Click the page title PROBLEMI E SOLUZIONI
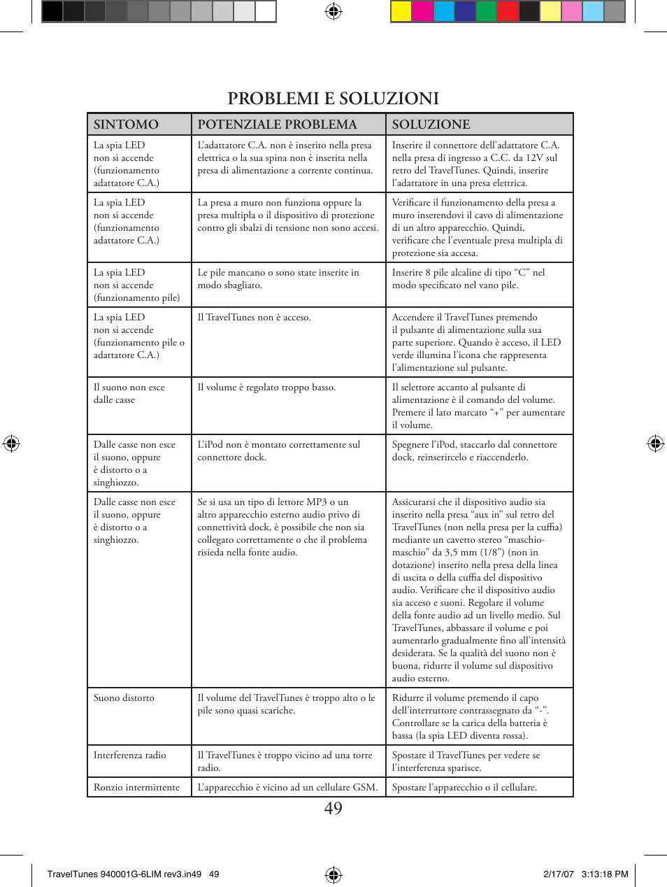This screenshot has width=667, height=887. coord(333,98)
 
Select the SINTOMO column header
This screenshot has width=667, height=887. coord(127,125)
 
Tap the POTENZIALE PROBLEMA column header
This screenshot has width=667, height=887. coord(277,125)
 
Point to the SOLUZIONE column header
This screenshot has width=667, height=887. coord(431,125)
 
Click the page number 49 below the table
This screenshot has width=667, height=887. coord(333,809)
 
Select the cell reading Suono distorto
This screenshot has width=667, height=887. coord(124,698)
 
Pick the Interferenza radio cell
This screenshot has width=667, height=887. coord(130,755)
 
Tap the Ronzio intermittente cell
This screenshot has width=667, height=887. coord(137,788)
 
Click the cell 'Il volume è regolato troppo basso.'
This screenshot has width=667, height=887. coord(266,388)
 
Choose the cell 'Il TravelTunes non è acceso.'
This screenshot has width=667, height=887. coord(254,318)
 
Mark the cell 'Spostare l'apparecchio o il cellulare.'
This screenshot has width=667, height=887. coord(464,788)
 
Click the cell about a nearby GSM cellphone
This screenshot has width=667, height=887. coord(287,788)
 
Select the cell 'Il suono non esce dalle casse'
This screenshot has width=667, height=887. coord(129,394)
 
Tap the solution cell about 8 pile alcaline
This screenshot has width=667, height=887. coord(468,279)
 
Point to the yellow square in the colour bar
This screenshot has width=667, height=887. coord(401,11)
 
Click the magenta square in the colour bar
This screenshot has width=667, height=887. coord(422,11)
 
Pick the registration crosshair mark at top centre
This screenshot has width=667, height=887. coord(333,11)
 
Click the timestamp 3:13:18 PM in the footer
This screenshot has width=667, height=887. coord(605,874)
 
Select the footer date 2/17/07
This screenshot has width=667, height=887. coord(559,874)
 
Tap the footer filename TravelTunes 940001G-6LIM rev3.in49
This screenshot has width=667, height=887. coord(124,874)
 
